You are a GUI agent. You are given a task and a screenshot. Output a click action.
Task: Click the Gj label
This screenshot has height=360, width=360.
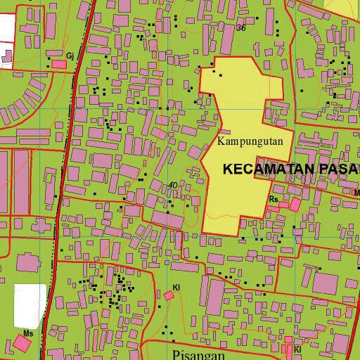70,55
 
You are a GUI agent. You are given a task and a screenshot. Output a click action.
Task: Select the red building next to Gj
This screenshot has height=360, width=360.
60,64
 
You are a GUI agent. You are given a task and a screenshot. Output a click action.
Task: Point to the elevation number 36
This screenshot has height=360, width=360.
241,28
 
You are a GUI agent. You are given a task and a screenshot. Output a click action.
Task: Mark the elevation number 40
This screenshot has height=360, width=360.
173,186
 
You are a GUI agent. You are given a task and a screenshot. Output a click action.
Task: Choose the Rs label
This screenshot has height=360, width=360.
274,200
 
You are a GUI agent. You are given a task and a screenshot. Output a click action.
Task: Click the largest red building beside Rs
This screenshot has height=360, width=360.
295,205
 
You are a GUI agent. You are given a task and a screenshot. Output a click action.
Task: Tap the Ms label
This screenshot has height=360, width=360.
28,333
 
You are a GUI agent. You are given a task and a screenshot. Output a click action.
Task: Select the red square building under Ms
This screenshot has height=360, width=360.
22,344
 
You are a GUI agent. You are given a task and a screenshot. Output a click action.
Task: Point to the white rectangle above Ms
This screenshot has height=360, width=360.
30,305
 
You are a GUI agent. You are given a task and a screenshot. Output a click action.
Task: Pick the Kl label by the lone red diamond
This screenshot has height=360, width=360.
176,288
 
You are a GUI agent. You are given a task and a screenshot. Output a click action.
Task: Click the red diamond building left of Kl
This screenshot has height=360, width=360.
169,296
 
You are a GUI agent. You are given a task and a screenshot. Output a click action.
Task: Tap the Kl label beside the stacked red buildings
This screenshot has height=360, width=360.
297,349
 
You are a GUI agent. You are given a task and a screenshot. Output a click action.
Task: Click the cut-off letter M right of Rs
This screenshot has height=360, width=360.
356,192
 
